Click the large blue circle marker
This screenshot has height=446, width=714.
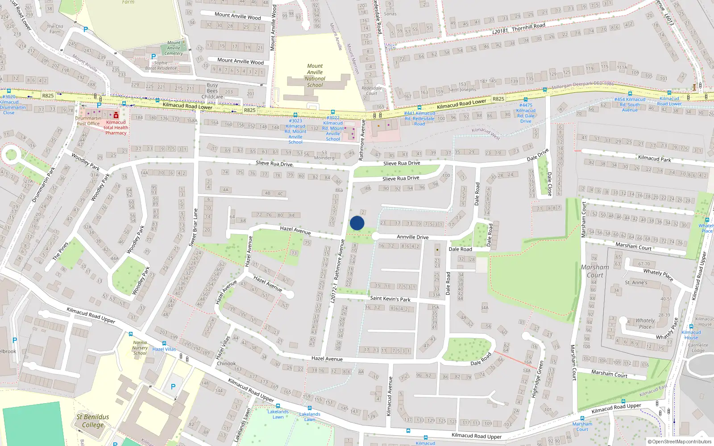pyautogui.click(x=357, y=223)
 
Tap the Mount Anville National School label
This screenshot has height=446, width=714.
pyautogui.click(x=315, y=75)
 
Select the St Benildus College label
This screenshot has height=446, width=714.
pyautogui.click(x=92, y=421)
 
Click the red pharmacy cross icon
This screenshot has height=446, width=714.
pyautogui.click(x=116, y=115)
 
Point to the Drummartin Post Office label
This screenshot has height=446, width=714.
pyautogui.click(x=88, y=121)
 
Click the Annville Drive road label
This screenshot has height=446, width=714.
pyautogui.click(x=412, y=237)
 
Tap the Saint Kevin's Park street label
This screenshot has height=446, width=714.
pyautogui.click(x=390, y=298)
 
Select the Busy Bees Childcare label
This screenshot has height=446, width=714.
pyautogui.click(x=212, y=91)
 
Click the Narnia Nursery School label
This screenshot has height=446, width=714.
pyautogui.click(x=140, y=348)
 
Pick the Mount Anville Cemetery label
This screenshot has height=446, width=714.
pyautogui.click(x=174, y=48)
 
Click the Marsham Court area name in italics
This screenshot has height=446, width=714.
pyautogui.click(x=594, y=271)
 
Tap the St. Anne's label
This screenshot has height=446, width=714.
pyautogui.click(x=635, y=282)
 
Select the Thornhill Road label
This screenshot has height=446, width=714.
pyautogui.click(x=528, y=27)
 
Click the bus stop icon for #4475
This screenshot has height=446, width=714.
pyautogui.click(x=525, y=99)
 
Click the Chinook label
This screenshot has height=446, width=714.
pyautogui.click(x=226, y=363)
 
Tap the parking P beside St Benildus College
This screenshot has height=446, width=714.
pyautogui.click(x=173, y=387)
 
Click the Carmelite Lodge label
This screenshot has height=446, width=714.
pyautogui.click(x=698, y=347)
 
